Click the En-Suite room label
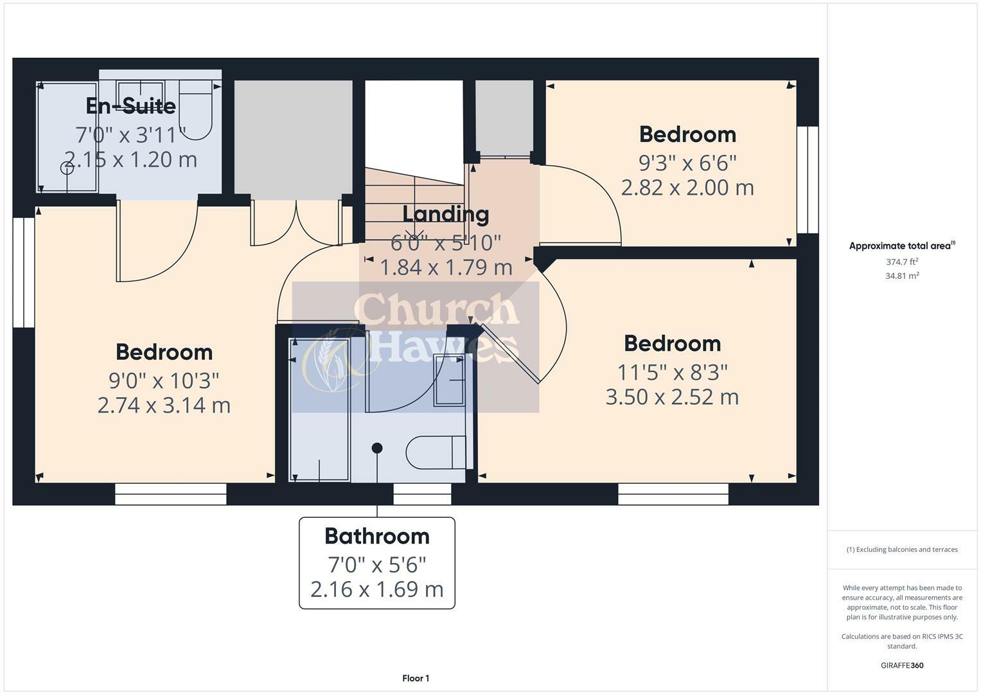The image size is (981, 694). (x=130, y=105)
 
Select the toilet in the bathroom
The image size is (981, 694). (x=436, y=452)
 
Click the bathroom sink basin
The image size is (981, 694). (x=450, y=380)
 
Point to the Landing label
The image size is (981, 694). (x=445, y=214)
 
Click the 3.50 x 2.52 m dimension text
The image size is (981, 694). (x=672, y=397)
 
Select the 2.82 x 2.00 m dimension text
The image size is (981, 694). (x=687, y=188)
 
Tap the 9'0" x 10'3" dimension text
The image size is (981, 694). (x=164, y=380)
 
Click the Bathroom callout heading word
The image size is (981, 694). (x=376, y=536)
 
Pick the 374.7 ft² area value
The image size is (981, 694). (x=901, y=262)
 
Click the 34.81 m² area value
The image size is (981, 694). (x=901, y=276)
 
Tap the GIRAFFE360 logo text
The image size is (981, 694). (x=901, y=665)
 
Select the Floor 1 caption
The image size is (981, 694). (x=416, y=679)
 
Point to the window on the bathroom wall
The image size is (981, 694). (x=422, y=494)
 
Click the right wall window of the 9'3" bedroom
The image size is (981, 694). (x=808, y=179)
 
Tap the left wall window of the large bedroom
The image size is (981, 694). (x=24, y=272)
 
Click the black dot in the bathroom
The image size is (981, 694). (x=377, y=448)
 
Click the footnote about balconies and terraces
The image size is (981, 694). (x=901, y=549)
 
